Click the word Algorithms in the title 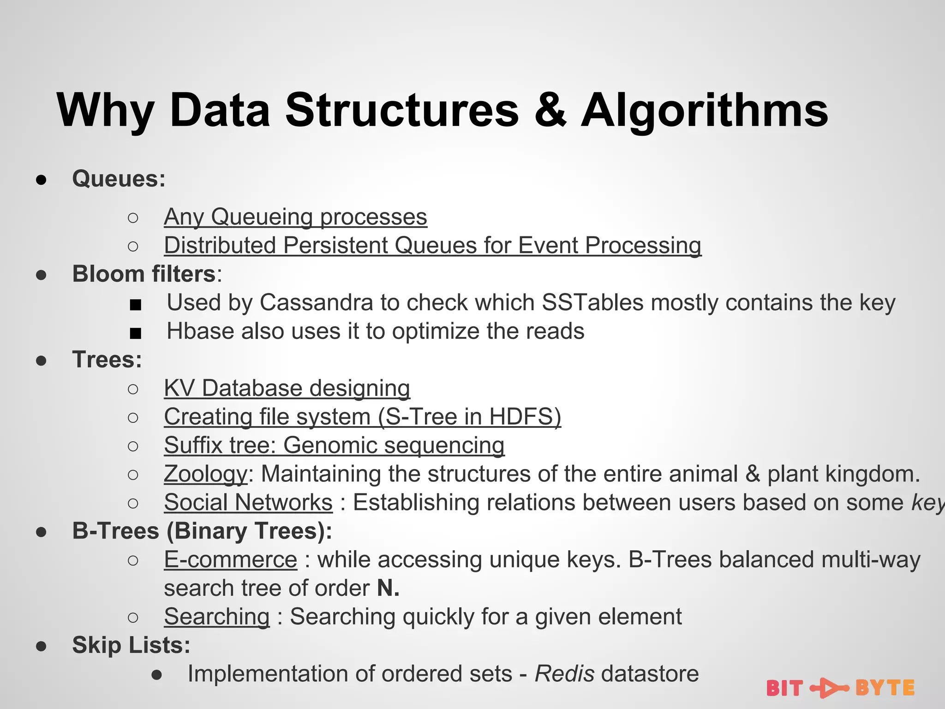click(705, 111)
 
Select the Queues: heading click(119, 179)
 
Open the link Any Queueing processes click(295, 216)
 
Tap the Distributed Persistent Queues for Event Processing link click(432, 245)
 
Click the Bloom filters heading click(144, 274)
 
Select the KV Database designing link click(287, 388)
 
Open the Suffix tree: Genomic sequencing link click(334, 445)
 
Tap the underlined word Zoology click(206, 474)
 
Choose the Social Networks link click(248, 502)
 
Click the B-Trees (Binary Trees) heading click(202, 531)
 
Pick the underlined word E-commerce click(230, 559)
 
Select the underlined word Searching click(216, 617)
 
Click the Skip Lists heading click(131, 645)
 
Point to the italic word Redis click(564, 673)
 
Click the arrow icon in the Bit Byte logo click(829, 688)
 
